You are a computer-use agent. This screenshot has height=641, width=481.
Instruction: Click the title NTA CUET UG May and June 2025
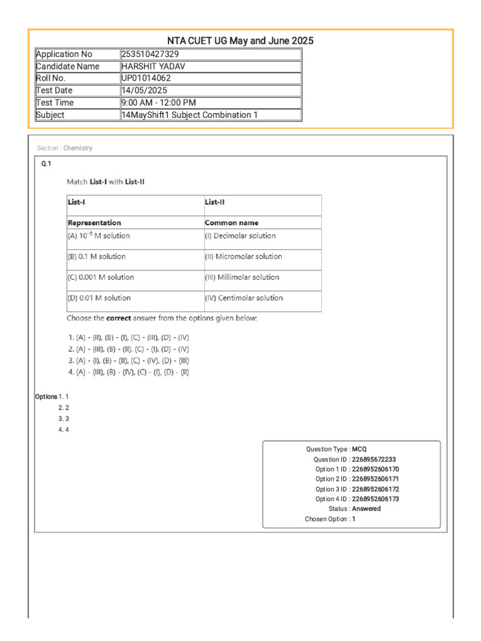(240, 41)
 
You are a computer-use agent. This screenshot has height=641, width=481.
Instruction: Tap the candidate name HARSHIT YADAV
(153, 66)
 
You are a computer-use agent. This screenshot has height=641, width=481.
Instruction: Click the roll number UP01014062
(146, 78)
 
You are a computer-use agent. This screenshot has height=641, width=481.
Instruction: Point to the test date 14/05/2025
(144, 91)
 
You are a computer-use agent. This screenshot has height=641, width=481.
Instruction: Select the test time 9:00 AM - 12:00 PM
(158, 103)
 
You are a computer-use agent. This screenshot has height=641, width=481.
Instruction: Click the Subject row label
(50, 115)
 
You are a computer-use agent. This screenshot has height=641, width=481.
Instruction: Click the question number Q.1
(46, 163)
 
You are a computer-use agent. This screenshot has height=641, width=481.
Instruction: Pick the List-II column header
(214, 202)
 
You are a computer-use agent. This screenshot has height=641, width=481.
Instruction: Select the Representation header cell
(95, 223)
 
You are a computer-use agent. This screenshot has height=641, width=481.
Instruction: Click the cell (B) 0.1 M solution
(96, 257)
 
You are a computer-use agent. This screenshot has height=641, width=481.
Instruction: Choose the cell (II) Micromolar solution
(244, 257)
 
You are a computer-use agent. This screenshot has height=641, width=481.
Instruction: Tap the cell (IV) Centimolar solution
(244, 298)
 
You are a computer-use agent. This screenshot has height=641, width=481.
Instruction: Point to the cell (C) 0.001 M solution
(100, 277)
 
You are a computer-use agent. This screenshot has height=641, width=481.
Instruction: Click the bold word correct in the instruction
(118, 319)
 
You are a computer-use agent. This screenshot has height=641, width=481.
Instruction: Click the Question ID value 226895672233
(374, 459)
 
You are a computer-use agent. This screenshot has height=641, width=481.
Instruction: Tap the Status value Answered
(366, 509)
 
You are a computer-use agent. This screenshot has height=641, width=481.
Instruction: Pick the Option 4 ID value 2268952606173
(376, 499)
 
